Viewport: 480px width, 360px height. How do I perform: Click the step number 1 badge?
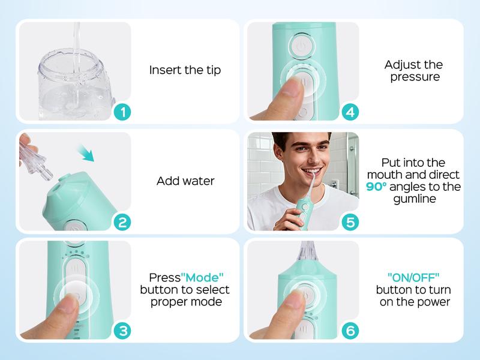(x=122, y=112)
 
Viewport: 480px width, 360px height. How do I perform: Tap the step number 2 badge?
(x=122, y=223)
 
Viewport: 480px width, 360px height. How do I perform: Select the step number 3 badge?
(x=122, y=331)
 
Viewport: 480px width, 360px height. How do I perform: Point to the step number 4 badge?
(x=350, y=112)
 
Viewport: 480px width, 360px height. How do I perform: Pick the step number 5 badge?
(x=350, y=223)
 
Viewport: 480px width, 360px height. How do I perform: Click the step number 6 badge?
(x=350, y=331)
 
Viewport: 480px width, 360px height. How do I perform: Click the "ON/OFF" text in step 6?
(x=414, y=278)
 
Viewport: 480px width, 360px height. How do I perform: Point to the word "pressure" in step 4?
(x=414, y=77)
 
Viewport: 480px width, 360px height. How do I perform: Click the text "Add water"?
(x=185, y=181)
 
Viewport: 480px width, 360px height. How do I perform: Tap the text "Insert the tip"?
(x=185, y=70)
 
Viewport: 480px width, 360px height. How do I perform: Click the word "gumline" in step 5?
(x=414, y=199)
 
